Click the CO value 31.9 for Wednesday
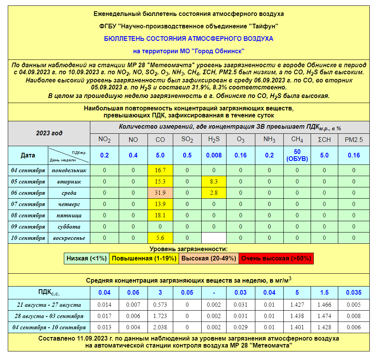click(160, 193)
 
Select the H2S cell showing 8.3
click(214, 182)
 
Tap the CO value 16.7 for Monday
click(160, 170)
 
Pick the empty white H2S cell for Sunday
click(214, 238)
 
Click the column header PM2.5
click(353, 140)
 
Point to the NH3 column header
click(269, 140)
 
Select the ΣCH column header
click(324, 140)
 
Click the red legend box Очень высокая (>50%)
click(276, 259)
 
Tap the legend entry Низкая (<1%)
click(86, 259)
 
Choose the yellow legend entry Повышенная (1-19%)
click(143, 259)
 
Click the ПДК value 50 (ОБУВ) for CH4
click(297, 155)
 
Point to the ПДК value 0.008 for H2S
click(214, 155)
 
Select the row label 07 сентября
click(28, 204)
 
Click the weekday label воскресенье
click(69, 238)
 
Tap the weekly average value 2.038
click(160, 327)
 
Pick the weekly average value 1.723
click(160, 316)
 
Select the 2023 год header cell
click(49, 133)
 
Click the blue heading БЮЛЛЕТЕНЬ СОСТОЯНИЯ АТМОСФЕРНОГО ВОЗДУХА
click(189, 38)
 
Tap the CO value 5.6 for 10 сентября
click(160, 238)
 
